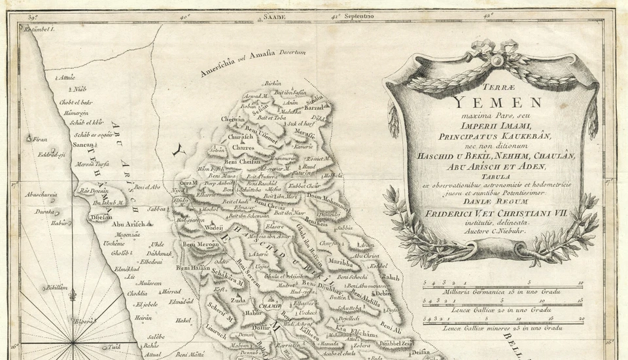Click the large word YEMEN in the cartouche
pos(498,102)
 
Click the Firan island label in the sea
pos(41,139)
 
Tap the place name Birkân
pos(273,83)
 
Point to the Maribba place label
pos(340,262)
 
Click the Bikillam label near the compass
pos(57,287)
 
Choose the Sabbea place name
pos(157,209)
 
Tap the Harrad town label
pos(171,291)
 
